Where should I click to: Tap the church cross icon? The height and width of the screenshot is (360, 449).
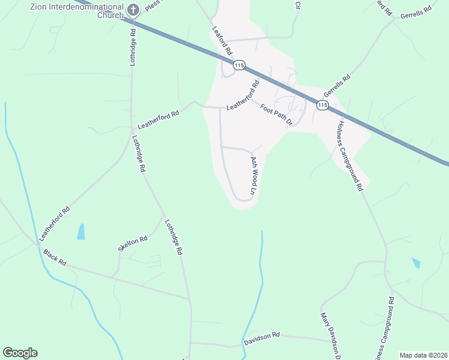(133, 10)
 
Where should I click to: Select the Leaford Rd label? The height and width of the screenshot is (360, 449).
(221, 41)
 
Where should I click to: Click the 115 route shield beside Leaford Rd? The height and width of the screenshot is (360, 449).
(239, 65)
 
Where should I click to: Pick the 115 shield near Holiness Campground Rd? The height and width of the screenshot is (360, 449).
(322, 105)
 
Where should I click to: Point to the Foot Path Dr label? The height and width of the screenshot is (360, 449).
(276, 113)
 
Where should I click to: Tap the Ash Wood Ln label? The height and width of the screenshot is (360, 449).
(253, 176)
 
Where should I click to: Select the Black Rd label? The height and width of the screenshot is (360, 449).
(54, 258)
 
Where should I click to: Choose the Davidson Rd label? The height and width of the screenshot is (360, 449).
(262, 338)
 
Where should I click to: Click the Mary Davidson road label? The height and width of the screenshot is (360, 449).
(331, 335)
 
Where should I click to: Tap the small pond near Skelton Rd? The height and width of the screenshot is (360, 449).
(81, 232)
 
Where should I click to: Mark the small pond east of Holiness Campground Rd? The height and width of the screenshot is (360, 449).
(416, 263)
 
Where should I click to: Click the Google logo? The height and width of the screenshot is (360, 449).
(20, 353)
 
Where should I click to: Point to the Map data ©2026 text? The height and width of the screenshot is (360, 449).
(423, 355)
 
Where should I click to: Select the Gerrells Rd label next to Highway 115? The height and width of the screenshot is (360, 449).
(337, 86)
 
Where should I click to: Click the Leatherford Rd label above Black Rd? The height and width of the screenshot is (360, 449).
(55, 223)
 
